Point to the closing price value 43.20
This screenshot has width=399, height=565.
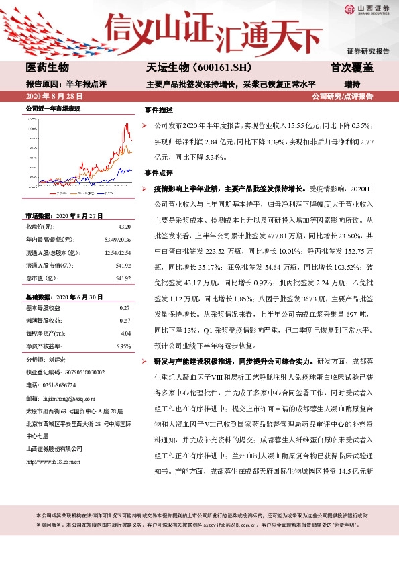pos(123,226)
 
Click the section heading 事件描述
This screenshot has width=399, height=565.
pos(158,110)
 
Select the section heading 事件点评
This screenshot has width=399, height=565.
pos(158,172)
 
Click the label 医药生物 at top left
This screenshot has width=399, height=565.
pos(47,68)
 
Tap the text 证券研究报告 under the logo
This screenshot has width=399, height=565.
pos(367,51)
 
